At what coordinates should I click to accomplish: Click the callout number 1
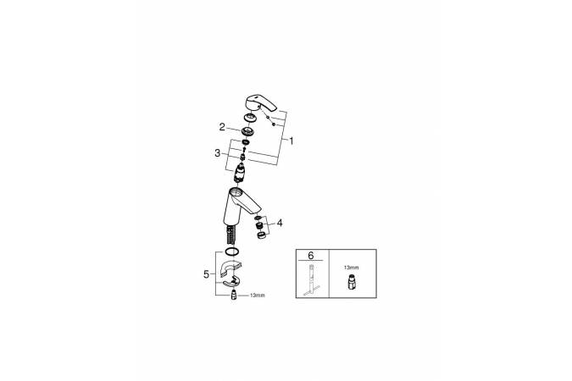(x=292, y=141)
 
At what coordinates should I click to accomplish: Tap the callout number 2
(x=222, y=127)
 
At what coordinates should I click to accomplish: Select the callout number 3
(x=218, y=153)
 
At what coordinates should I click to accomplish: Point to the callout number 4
(x=280, y=223)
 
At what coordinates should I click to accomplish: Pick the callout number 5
(x=207, y=274)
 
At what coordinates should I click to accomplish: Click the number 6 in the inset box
(x=310, y=255)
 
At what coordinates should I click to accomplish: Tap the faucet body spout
(x=241, y=206)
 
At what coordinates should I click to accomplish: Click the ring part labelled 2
(x=247, y=130)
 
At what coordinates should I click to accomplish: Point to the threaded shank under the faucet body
(x=232, y=235)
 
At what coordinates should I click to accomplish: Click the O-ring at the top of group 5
(x=231, y=251)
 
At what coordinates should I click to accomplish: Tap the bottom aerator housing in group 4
(x=261, y=236)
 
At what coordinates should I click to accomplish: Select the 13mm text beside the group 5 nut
(x=257, y=295)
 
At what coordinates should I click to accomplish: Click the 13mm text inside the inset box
(x=351, y=268)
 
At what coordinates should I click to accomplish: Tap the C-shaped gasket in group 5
(x=231, y=268)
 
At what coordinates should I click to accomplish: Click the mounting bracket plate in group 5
(x=230, y=282)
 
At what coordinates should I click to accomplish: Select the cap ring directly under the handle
(x=250, y=119)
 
